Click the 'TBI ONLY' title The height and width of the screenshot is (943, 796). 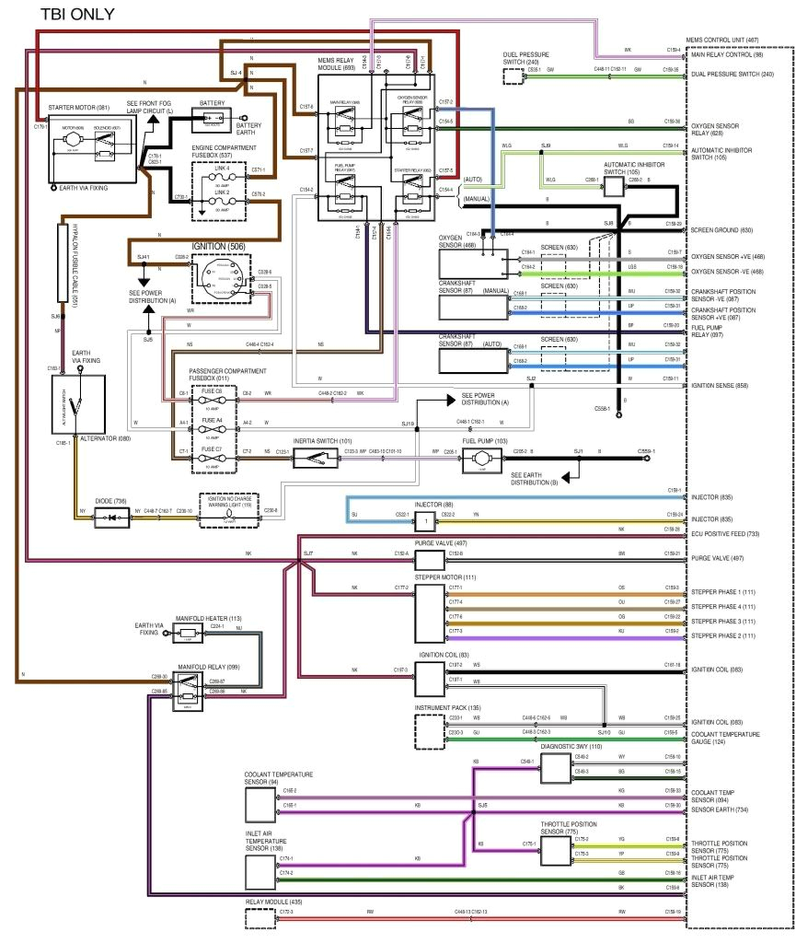pyautogui.click(x=77, y=16)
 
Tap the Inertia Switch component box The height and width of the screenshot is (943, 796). pyautogui.click(x=314, y=459)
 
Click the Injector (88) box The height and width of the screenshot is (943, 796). pyautogui.click(x=424, y=521)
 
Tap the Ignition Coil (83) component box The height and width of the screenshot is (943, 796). pyautogui.click(x=429, y=679)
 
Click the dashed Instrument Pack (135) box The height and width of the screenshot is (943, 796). pyautogui.click(x=429, y=730)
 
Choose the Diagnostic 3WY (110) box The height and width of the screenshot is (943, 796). pyautogui.click(x=555, y=767)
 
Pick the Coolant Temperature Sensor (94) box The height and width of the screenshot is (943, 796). pyautogui.click(x=261, y=804)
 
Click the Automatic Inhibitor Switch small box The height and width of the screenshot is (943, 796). pyautogui.click(x=613, y=186)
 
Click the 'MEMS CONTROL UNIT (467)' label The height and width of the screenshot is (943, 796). pyautogui.click(x=723, y=41)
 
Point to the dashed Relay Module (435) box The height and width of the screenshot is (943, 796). pyautogui.click(x=261, y=917)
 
